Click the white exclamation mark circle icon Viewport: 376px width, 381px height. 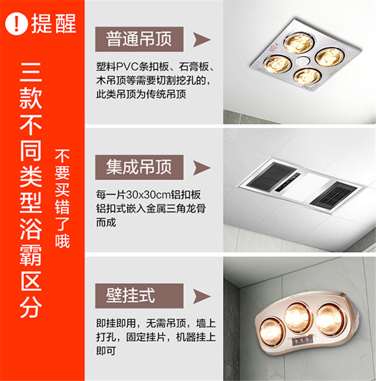pos(17,24)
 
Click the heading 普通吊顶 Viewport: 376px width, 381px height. pos(139,39)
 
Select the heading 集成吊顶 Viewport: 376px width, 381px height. pos(139,167)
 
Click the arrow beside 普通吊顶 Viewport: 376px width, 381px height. pos(201,40)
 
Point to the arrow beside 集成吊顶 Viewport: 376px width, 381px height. pos(201,168)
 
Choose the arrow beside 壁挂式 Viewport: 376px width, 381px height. pos(201,296)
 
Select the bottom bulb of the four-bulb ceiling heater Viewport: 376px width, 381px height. pos(307,76)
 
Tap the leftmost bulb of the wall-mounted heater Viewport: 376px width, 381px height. pos(271,331)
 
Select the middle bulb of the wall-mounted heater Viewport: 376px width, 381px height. pos(298,317)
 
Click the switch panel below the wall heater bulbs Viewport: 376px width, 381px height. pos(302,342)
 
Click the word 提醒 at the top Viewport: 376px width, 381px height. pos(54,23)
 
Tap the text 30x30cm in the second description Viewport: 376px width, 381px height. pos(148,195)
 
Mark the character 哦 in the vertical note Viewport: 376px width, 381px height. pos(62,241)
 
